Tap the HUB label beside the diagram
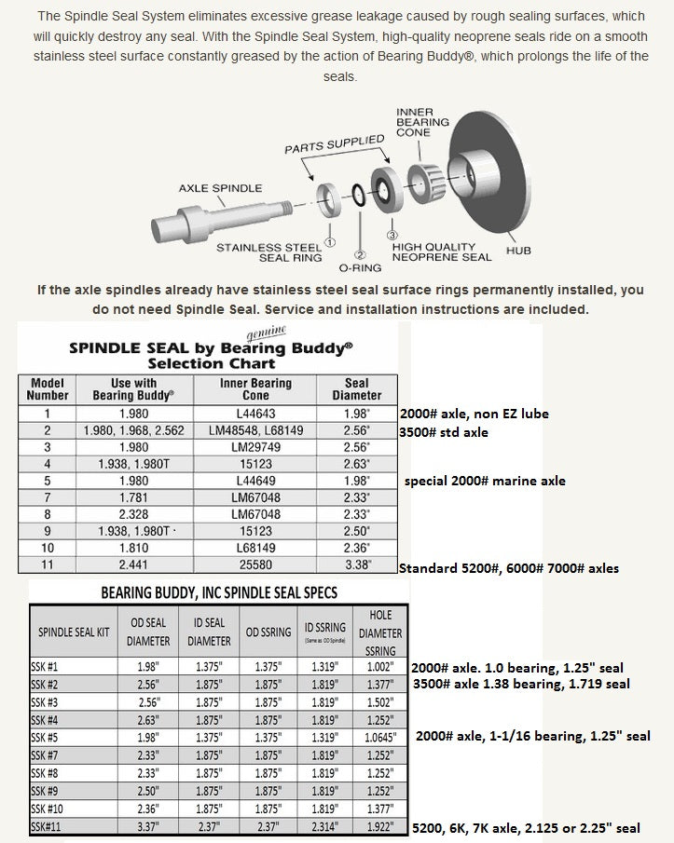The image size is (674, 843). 518,251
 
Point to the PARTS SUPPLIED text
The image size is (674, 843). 334,144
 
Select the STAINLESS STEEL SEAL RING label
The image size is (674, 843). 269,252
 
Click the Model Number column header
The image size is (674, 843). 48,389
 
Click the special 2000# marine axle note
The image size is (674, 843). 484,482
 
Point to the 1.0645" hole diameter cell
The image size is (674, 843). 381,736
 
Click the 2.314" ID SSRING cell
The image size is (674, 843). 323,827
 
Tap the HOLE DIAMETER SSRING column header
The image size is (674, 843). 381,632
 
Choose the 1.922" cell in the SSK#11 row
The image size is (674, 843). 381,827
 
